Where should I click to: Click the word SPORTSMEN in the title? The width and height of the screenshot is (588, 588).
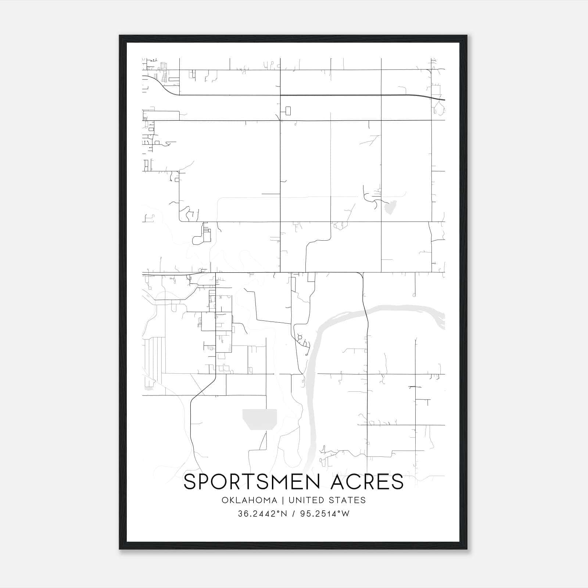[254, 482]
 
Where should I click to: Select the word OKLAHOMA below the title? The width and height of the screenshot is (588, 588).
[249, 500]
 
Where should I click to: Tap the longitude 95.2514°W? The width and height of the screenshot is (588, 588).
[325, 514]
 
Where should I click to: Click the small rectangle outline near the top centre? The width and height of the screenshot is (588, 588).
[288, 111]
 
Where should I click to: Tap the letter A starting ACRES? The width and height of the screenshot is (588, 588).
[339, 482]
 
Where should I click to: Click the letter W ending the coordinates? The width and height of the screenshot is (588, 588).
[345, 514]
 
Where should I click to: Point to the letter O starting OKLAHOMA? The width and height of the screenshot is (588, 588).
[225, 500]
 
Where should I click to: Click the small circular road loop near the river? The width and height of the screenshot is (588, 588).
[300, 337]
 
